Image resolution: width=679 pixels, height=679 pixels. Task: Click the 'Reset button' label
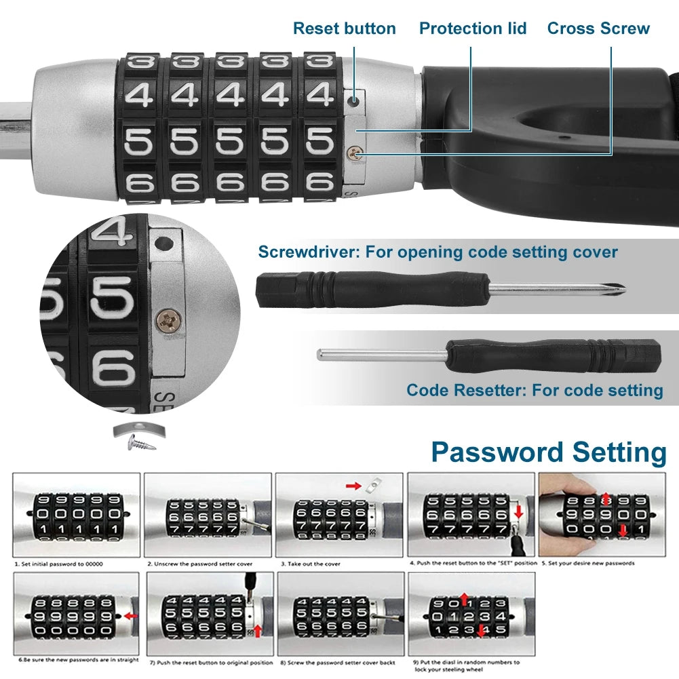(x=344, y=28)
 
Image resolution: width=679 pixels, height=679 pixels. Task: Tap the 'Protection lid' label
(x=472, y=28)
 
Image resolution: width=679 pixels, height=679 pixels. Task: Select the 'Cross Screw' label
(x=598, y=28)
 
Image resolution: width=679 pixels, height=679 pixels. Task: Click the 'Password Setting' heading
(x=548, y=452)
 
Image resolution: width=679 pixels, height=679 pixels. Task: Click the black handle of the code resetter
(x=553, y=355)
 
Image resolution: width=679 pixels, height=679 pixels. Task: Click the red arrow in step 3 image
(x=353, y=486)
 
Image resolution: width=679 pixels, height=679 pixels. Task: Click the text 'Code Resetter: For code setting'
(x=535, y=390)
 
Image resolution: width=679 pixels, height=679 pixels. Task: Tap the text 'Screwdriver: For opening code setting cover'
(x=438, y=252)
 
